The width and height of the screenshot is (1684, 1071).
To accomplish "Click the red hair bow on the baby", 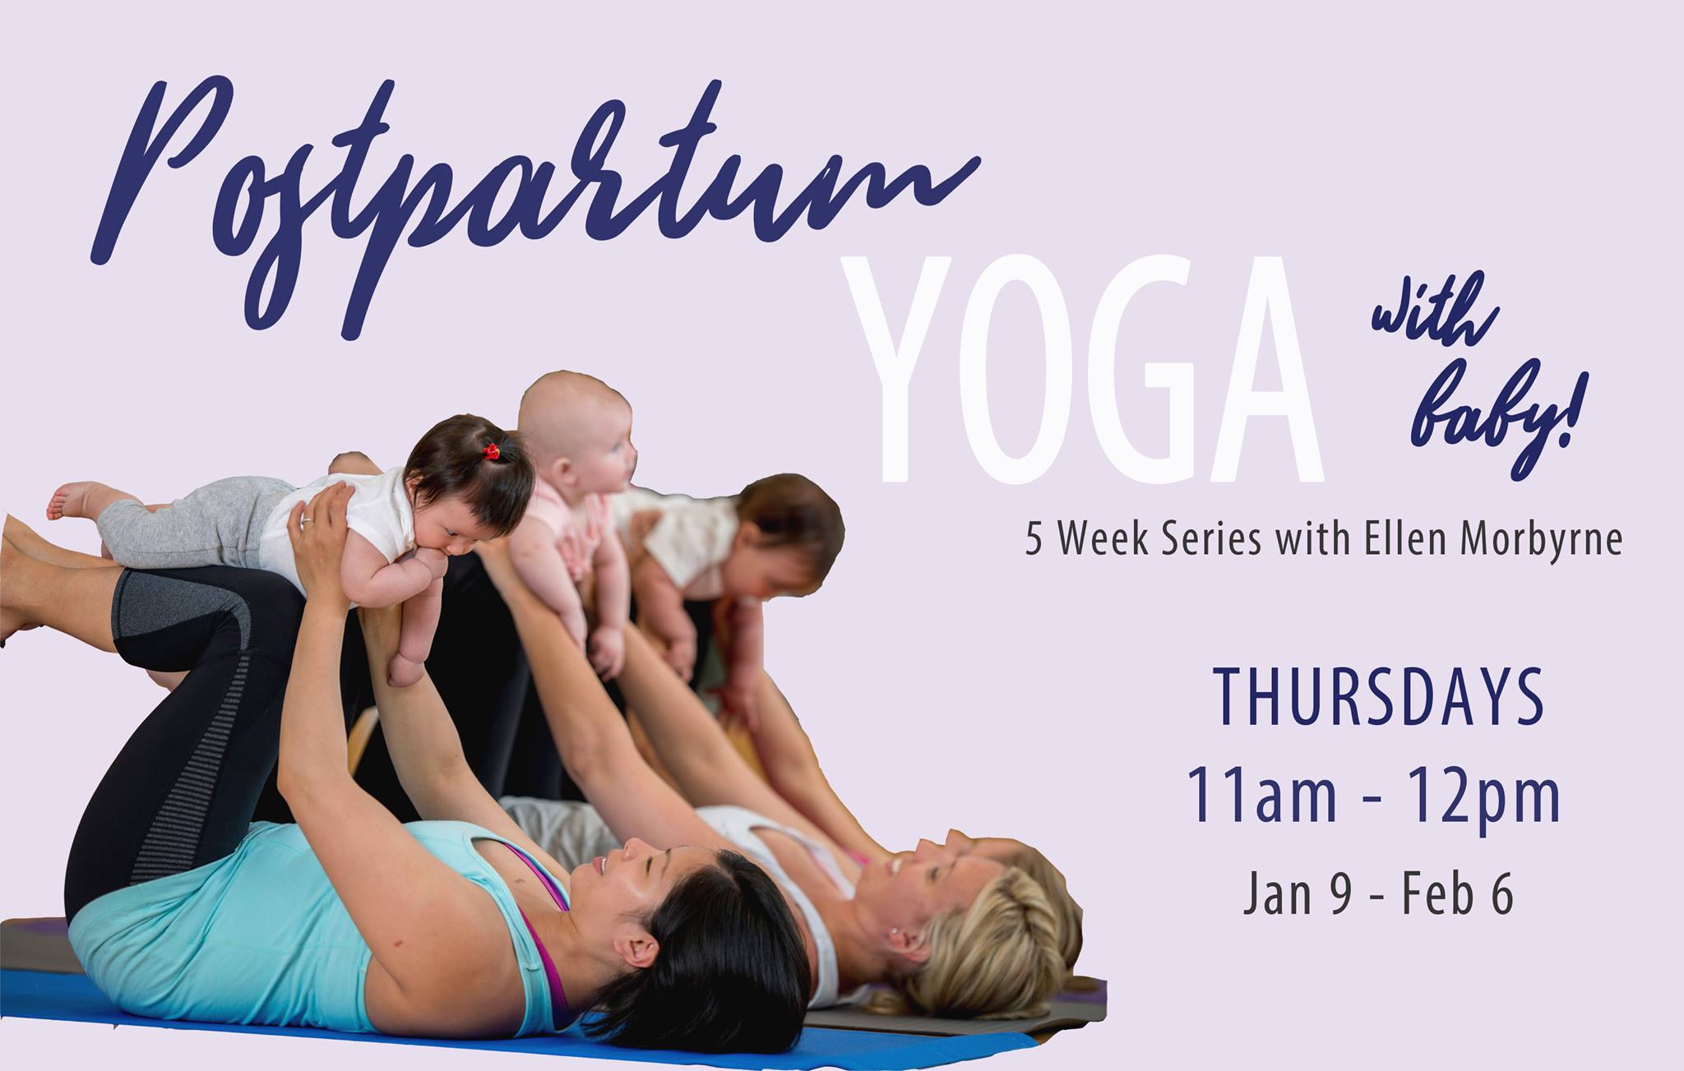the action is (x=492, y=450).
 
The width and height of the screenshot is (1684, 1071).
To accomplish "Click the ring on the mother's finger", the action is (x=307, y=519).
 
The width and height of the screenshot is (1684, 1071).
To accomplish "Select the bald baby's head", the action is (x=576, y=427).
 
